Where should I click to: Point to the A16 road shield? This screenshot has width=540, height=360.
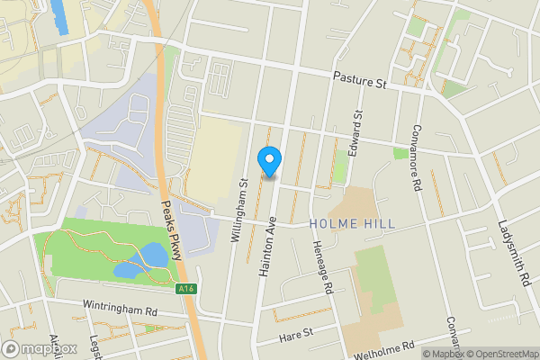(x=185, y=289)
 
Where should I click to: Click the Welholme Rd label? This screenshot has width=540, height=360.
(x=384, y=349)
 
